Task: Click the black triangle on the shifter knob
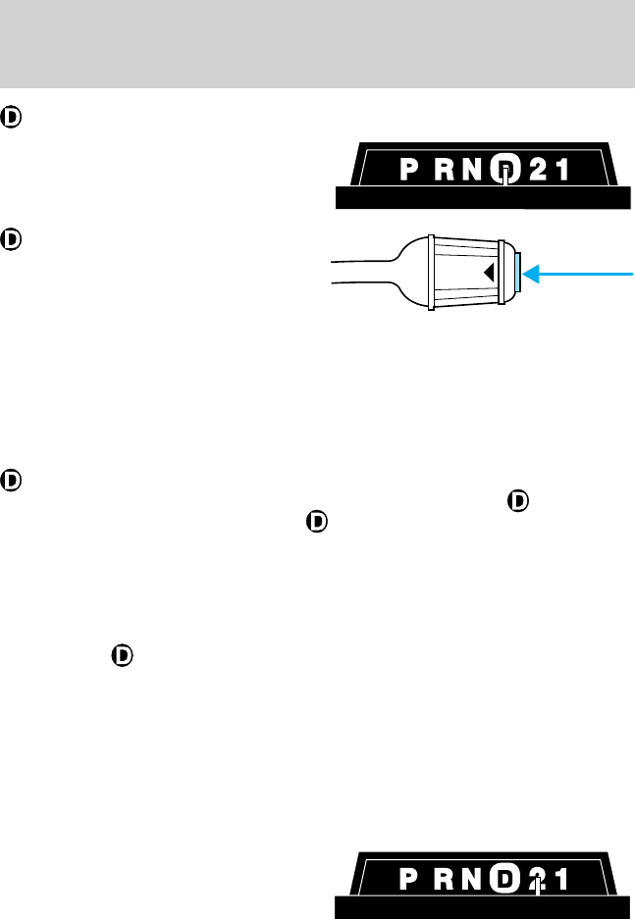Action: pos(488,273)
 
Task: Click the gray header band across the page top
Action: pos(317,43)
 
